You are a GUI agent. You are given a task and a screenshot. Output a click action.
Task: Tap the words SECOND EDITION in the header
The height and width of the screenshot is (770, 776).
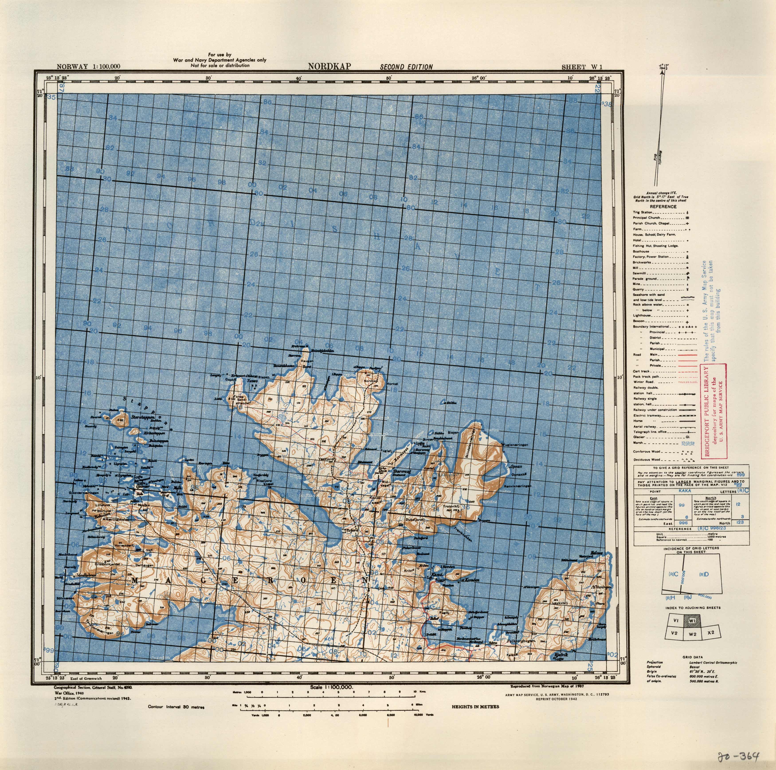click(x=406, y=67)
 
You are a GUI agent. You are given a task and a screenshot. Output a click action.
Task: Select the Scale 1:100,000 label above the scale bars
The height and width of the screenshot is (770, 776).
click(x=332, y=687)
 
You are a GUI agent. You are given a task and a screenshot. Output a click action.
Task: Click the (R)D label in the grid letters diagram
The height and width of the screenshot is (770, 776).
click(x=704, y=574)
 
